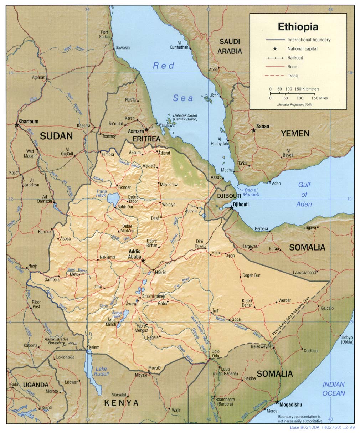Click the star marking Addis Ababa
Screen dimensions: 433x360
(x=143, y=261)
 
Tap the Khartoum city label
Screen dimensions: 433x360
(x=28, y=122)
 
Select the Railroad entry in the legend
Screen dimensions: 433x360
(x=295, y=58)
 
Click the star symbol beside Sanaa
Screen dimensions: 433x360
(x=253, y=130)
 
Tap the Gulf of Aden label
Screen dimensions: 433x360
(x=304, y=194)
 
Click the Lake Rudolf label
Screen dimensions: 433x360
(x=101, y=371)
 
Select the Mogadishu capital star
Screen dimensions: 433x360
(x=277, y=402)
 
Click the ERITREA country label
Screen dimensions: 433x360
(x=146, y=139)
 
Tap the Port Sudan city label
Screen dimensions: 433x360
(x=104, y=35)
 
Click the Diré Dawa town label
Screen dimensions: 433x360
(x=200, y=244)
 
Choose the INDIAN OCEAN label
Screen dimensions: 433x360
(x=334, y=389)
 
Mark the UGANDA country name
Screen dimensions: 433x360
(x=36, y=385)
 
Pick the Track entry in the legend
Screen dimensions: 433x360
(x=293, y=76)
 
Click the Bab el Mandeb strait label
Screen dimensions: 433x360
(x=251, y=192)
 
